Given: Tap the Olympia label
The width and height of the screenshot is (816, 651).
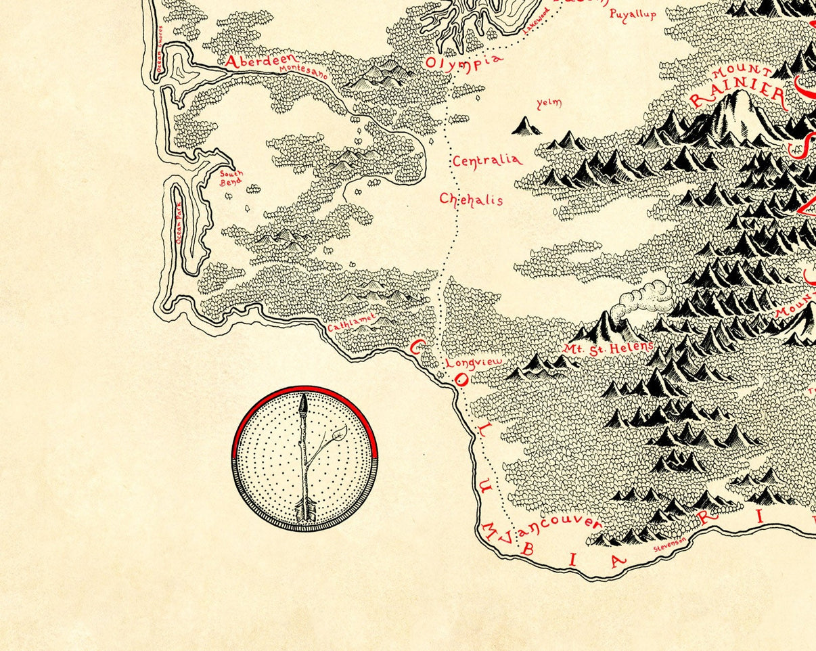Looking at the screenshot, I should [464, 61].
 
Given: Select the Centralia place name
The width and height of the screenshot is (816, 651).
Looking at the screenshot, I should [487, 161].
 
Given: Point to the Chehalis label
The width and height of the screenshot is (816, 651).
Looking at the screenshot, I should [472, 199].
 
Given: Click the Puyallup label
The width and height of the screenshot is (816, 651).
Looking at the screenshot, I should [633, 14].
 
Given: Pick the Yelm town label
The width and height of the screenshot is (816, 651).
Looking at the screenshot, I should [549, 104].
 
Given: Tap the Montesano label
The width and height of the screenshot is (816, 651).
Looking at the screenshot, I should [303, 72].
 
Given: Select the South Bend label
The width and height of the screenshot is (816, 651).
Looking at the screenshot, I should [231, 177].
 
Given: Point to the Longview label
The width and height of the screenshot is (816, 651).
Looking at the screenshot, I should [474, 363].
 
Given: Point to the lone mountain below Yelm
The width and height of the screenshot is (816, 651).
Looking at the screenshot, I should [526, 126].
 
